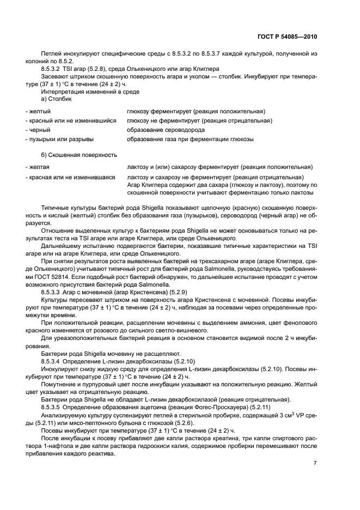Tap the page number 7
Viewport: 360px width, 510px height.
(x=315, y=463)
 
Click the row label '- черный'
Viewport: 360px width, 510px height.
(x=38, y=130)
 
